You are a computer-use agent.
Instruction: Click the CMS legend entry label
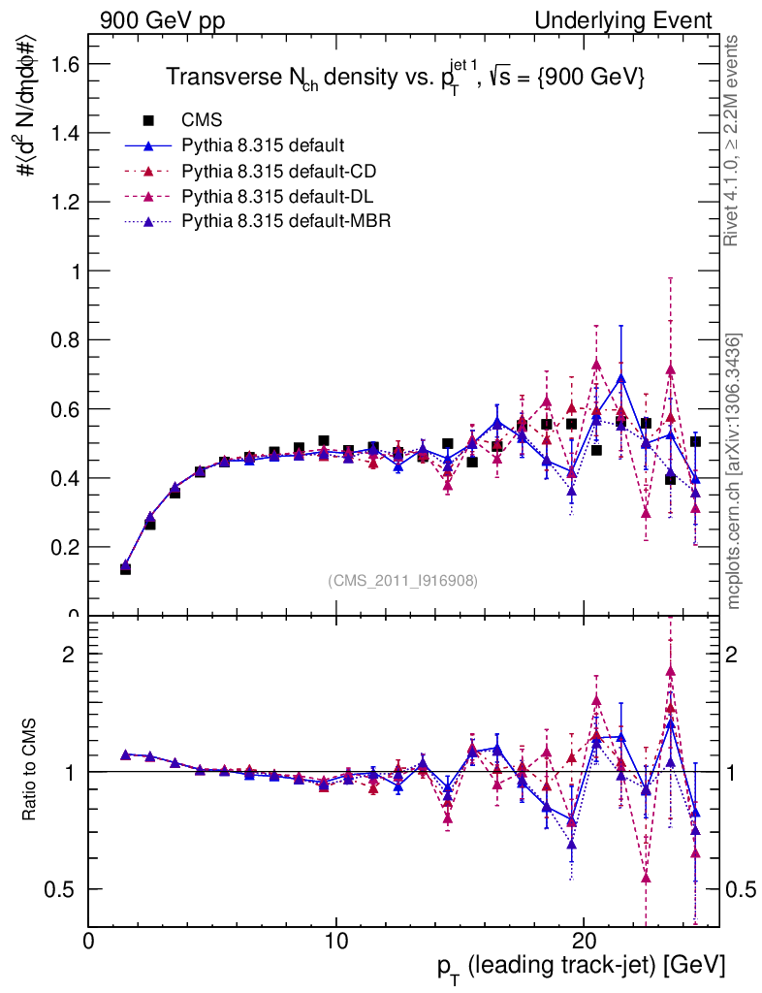pyautogui.click(x=202, y=120)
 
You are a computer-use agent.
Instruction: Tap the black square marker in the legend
pyautogui.click(x=149, y=120)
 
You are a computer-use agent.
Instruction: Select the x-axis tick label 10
pyautogui.click(x=335, y=941)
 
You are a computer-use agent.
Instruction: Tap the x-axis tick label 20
pyautogui.click(x=583, y=941)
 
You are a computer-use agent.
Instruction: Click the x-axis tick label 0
pyautogui.click(x=89, y=941)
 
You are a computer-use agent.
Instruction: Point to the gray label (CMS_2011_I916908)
pyautogui.click(x=403, y=580)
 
